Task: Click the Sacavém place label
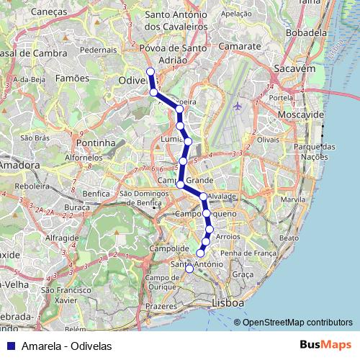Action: [291, 68]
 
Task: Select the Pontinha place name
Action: [96, 143]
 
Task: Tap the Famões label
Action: [72, 78]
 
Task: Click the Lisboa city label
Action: [228, 304]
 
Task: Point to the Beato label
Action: [288, 237]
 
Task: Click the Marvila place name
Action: [293, 199]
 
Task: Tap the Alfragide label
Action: [61, 237]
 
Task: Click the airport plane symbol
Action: [238, 106]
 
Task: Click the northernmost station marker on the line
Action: [150, 71]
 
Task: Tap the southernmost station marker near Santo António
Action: [189, 269]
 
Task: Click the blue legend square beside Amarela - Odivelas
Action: [10, 346]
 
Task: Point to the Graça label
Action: [243, 274]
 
